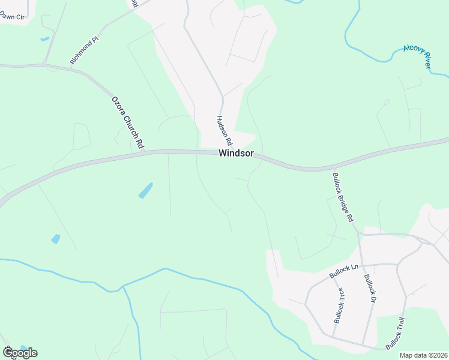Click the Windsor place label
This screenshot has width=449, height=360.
click(x=236, y=153)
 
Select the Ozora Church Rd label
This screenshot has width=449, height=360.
click(x=128, y=122)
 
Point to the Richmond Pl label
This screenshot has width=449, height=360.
click(x=84, y=51)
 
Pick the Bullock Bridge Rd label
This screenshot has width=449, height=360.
click(x=343, y=197)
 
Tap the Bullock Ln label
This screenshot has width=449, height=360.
click(x=343, y=271)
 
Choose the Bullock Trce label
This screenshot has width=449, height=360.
click(x=339, y=305)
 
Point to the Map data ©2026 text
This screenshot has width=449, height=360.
click(x=423, y=355)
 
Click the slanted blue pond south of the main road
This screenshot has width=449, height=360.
click(x=145, y=190)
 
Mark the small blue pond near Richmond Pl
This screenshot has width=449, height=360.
click(x=45, y=39)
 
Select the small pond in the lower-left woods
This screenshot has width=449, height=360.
click(x=56, y=239)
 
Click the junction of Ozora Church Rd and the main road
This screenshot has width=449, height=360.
click(x=144, y=152)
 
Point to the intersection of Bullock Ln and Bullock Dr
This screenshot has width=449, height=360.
click(x=362, y=265)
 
